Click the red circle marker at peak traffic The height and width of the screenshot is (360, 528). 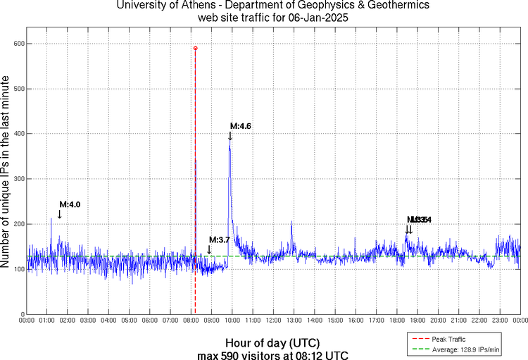[195, 48]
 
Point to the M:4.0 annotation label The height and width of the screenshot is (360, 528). [70, 204]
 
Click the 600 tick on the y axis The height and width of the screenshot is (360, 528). [19, 44]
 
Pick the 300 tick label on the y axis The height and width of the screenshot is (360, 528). [19, 179]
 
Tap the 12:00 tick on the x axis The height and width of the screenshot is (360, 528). [273, 321]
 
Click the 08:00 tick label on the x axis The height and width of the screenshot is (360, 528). [191, 321]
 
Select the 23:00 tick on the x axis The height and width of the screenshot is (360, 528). [500, 321]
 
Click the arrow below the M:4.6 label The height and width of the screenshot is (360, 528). [230, 136]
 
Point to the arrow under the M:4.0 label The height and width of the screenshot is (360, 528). [60, 214]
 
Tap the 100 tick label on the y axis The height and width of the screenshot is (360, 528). [19, 269]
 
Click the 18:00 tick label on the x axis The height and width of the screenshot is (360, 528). [396, 321]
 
